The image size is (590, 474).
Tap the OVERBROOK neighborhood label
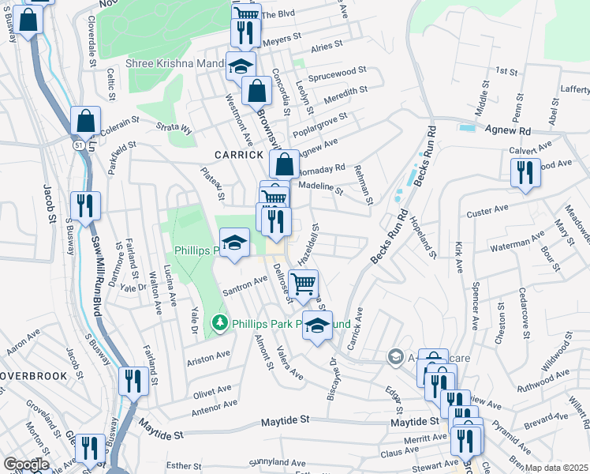(34, 375)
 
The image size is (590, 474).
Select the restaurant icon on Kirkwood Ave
(525, 173)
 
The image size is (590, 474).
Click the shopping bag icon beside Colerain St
(86, 122)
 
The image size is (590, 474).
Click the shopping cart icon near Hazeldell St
(303, 283)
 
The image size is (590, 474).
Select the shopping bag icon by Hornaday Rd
(284, 165)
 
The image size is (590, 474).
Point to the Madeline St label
(319, 189)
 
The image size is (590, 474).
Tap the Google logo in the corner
(25, 465)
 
